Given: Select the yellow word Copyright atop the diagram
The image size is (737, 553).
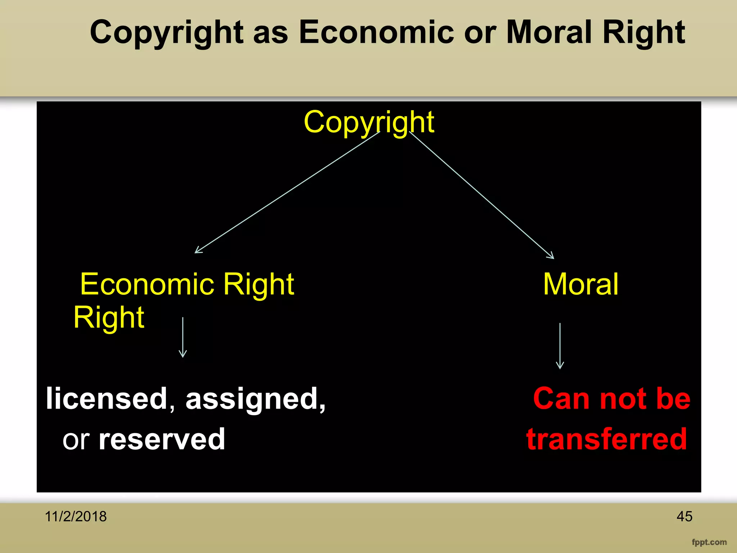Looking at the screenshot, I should [x=369, y=122].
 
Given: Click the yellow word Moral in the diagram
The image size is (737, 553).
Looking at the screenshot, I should [x=580, y=284].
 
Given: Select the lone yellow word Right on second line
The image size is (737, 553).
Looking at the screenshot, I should [x=109, y=318].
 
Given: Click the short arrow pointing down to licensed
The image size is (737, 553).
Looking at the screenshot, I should [x=183, y=337].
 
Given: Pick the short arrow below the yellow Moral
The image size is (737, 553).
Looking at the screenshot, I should [x=560, y=346].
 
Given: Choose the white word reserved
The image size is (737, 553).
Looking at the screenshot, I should [x=162, y=439].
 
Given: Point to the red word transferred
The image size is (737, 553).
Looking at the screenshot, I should [x=607, y=439].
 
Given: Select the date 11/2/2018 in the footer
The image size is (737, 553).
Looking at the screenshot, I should [x=76, y=517].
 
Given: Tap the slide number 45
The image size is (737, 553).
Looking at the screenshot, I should [x=684, y=517].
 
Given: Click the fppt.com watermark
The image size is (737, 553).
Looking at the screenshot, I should [x=709, y=542].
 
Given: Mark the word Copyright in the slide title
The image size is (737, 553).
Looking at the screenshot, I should [x=167, y=33].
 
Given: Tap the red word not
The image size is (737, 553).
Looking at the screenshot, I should [x=623, y=399].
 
